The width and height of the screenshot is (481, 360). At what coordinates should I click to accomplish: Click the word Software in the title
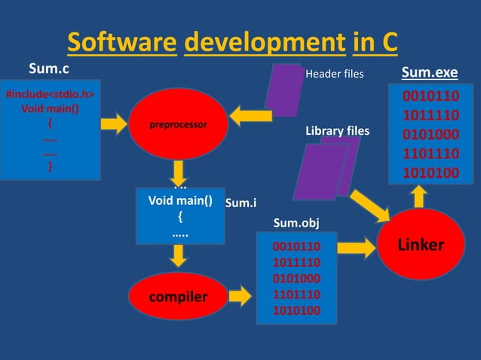click(x=121, y=43)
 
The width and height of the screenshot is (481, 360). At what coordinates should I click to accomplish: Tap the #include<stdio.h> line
click(x=51, y=95)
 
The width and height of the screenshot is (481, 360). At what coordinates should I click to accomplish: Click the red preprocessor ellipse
click(x=178, y=124)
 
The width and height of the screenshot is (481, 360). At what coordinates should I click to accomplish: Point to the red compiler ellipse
click(x=178, y=297)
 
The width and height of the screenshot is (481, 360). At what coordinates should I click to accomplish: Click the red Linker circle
click(x=420, y=246)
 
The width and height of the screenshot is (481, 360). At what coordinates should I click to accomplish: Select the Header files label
click(x=334, y=75)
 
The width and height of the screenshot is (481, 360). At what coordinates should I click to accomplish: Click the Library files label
click(x=337, y=131)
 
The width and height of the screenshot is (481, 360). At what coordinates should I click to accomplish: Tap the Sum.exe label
click(x=429, y=72)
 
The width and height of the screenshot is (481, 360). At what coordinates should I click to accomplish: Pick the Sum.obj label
click(x=291, y=223)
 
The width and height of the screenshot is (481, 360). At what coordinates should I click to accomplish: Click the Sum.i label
click(x=241, y=202)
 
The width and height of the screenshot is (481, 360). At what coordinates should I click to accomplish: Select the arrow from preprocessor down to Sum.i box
click(x=179, y=170)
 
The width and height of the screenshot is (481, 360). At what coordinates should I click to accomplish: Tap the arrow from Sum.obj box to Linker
click(x=357, y=246)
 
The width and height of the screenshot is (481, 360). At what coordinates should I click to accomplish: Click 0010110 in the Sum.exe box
click(x=428, y=97)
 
